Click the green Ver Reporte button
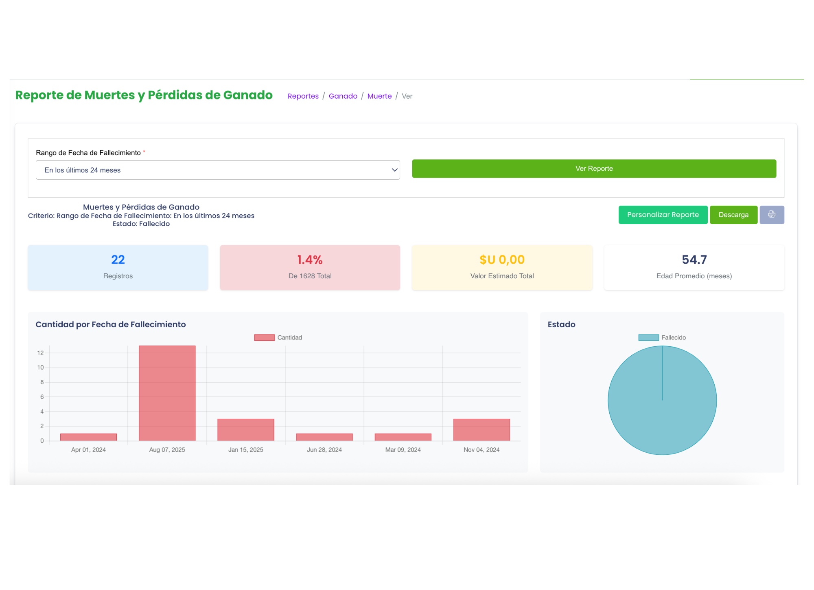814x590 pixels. click(x=594, y=169)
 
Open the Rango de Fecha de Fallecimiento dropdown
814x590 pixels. click(x=218, y=170)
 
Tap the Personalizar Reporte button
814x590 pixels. click(x=663, y=215)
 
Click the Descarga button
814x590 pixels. click(x=733, y=215)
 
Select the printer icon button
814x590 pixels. click(x=772, y=215)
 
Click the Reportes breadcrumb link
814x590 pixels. click(x=303, y=96)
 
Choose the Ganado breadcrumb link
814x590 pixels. click(x=343, y=96)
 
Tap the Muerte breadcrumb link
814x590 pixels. click(x=379, y=96)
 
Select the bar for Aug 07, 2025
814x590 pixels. click(x=167, y=393)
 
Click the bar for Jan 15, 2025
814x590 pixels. click(x=245, y=430)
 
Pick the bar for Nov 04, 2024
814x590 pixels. click(x=481, y=430)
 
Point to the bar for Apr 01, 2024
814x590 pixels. click(x=88, y=437)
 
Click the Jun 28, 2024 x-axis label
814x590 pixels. click(x=324, y=450)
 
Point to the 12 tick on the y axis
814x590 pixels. click(x=40, y=353)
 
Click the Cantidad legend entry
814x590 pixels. click(x=278, y=337)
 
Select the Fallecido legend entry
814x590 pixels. click(x=663, y=337)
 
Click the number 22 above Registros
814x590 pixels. click(x=118, y=260)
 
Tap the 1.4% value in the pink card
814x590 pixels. click(x=310, y=260)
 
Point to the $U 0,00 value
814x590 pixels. click(x=502, y=260)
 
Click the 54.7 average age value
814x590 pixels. click(x=694, y=260)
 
